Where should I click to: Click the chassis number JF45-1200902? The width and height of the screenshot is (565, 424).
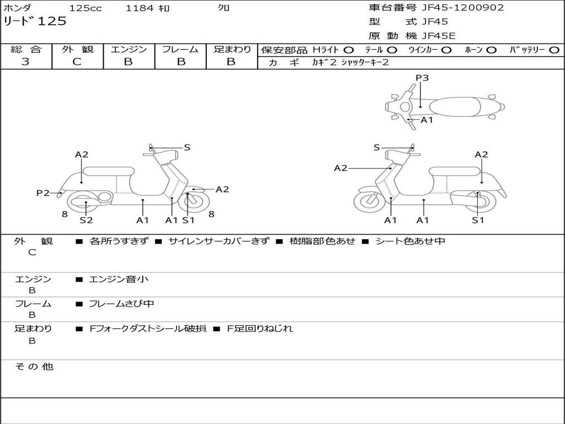[x=462, y=8]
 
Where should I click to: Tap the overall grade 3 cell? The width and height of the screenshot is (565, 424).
[x=25, y=62]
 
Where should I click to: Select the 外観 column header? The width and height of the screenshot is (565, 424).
[x=77, y=50]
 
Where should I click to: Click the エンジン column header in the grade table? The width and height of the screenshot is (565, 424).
[x=129, y=50]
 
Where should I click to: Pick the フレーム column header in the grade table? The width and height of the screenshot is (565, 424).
[x=180, y=50]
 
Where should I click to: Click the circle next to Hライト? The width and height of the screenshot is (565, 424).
[x=349, y=50]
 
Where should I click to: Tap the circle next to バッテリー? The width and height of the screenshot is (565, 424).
[x=553, y=50]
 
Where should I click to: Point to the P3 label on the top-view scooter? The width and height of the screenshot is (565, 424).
[x=422, y=78]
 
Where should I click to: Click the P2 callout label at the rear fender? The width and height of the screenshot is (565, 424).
[x=43, y=193]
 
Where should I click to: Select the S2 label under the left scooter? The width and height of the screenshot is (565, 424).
[x=86, y=220]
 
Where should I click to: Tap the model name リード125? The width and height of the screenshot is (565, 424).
[x=35, y=22]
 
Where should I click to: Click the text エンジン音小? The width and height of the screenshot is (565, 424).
[x=119, y=279]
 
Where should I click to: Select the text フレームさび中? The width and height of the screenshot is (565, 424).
[x=121, y=304]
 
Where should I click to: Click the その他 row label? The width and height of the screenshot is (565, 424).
[x=34, y=367]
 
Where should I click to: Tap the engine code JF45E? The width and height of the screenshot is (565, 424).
[x=439, y=36]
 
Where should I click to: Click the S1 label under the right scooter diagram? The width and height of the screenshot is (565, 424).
[x=478, y=220]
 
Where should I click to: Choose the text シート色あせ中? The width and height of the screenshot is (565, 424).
[x=410, y=241]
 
